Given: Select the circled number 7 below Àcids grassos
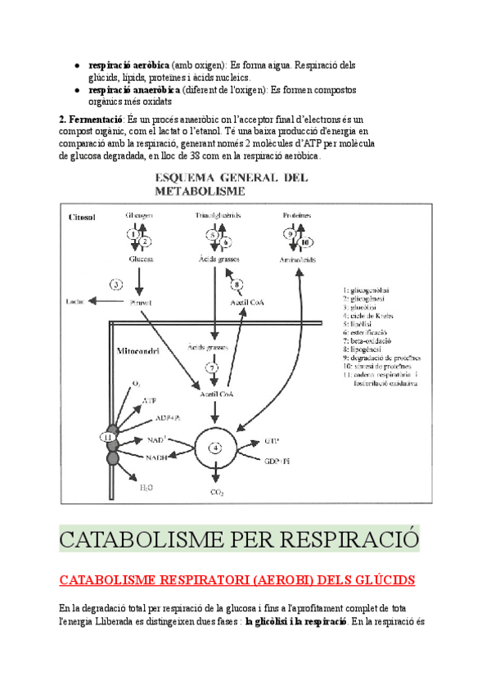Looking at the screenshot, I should (211, 368).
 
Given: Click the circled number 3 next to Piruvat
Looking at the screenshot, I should (116, 285).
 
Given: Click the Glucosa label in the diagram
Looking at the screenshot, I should (141, 259).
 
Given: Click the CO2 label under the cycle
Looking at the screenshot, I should (217, 492).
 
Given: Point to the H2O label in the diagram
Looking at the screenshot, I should (146, 487).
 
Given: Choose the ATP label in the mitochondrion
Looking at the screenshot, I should (149, 400).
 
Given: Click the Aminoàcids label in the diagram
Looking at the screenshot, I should (299, 259).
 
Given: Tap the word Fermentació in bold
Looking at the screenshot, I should (93, 119).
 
